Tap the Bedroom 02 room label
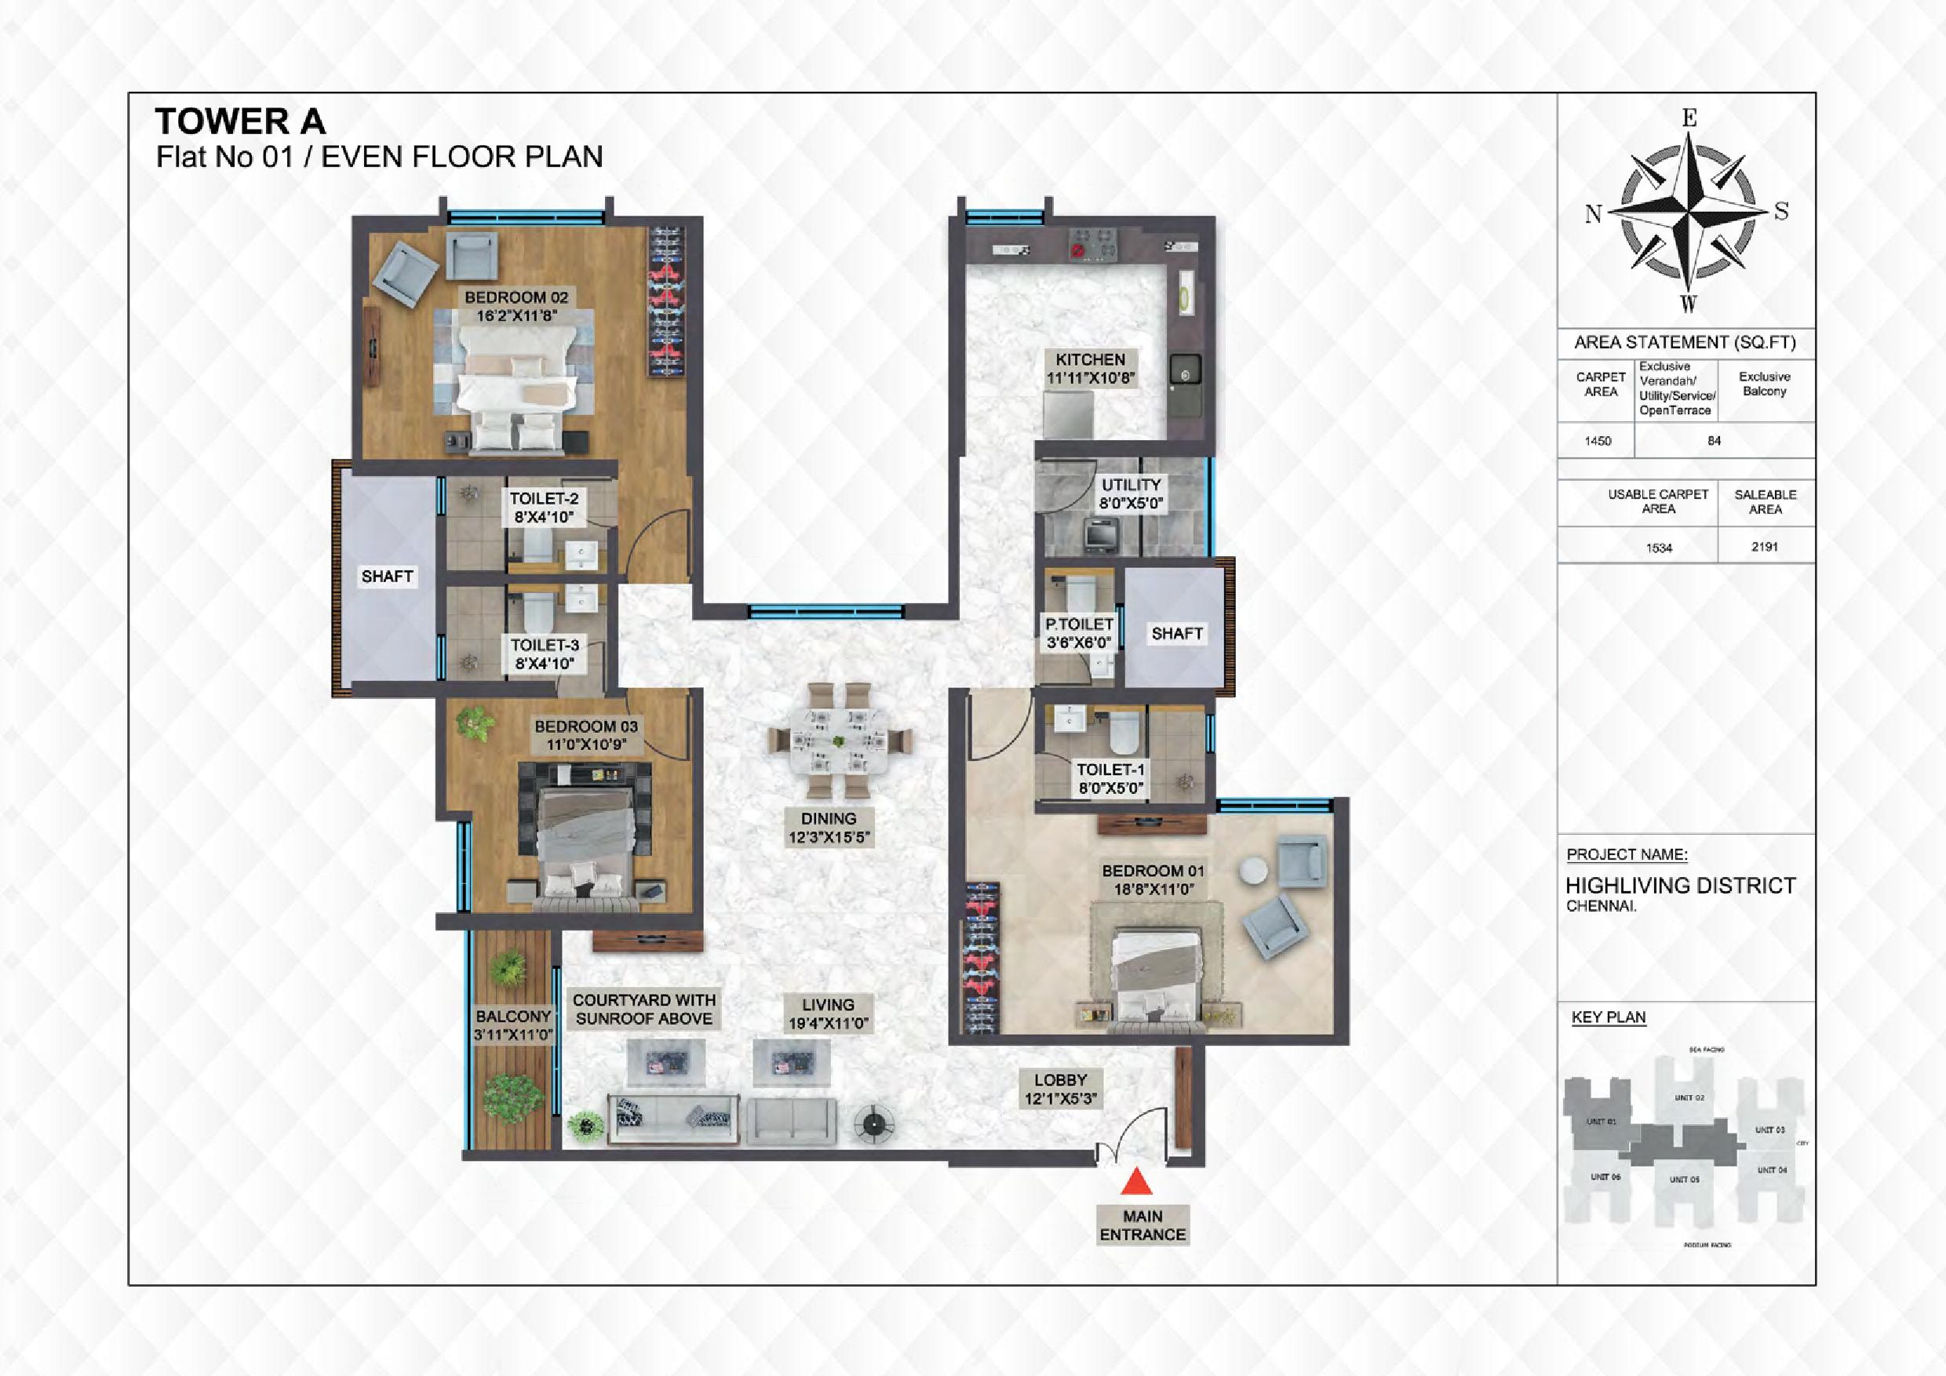[516, 307]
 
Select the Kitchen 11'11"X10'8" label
[1090, 369]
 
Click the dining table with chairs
[837, 741]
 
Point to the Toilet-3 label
[544, 654]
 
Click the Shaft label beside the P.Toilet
[1176, 633]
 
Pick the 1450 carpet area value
[1598, 441]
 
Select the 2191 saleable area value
[1765, 547]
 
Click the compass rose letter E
[1689, 119]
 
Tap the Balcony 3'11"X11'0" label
[512, 1025]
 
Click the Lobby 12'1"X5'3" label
[1059, 1090]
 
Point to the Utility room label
[1131, 494]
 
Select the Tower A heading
[240, 122]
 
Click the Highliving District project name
[1680, 886]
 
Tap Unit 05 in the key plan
[1684, 1178]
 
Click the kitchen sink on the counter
[1185, 371]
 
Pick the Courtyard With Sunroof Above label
[644, 1009]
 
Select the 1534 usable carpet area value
[1659, 548]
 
